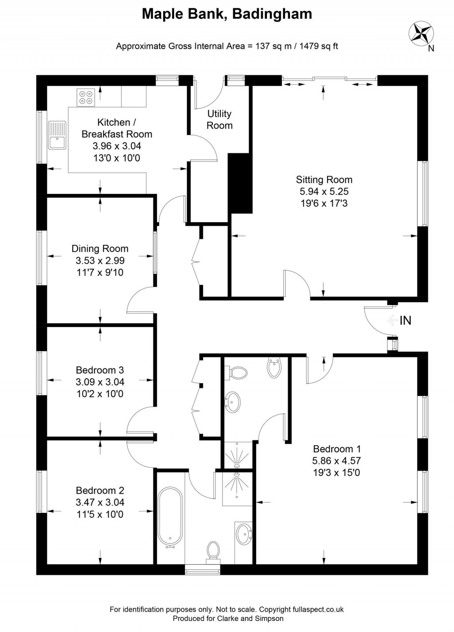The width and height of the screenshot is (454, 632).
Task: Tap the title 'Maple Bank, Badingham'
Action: coord(227,14)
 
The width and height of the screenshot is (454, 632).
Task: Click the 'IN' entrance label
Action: coord(405,320)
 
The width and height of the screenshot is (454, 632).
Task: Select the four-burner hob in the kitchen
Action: coord(86,98)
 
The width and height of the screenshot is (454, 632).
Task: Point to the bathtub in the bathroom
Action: coord(170,517)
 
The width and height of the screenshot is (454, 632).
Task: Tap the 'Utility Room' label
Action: coord(219,120)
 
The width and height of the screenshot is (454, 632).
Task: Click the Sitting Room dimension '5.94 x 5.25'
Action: coord(324,192)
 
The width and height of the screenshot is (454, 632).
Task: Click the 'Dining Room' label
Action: coord(100,249)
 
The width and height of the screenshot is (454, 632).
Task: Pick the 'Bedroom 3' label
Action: coord(100,370)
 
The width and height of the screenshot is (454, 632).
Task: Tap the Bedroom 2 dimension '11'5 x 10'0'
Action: coord(100,514)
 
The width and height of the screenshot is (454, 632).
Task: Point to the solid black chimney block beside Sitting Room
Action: coord(240,183)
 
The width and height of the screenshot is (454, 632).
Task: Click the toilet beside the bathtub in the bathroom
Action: coord(213,551)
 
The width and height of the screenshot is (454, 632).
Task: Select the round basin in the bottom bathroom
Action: coord(244,534)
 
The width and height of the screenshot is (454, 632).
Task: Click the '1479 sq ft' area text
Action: coord(319,46)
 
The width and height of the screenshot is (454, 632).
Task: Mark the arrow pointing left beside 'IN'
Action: coord(391,320)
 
